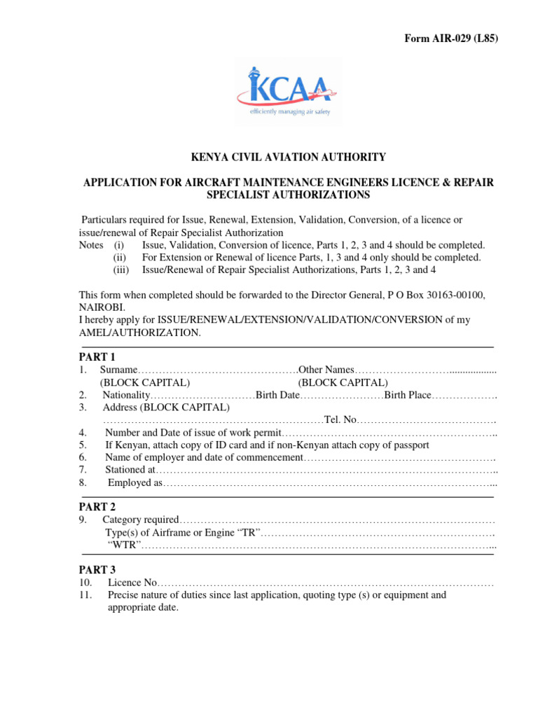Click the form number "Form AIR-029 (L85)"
(451, 39)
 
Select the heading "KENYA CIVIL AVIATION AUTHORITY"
(289, 158)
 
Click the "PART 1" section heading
(97, 357)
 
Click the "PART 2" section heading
(97, 507)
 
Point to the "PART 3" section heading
(97, 570)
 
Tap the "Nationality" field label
(126, 395)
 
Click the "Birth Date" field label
(277, 395)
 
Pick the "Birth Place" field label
(407, 395)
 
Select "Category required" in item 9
(141, 520)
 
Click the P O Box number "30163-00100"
(459, 294)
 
